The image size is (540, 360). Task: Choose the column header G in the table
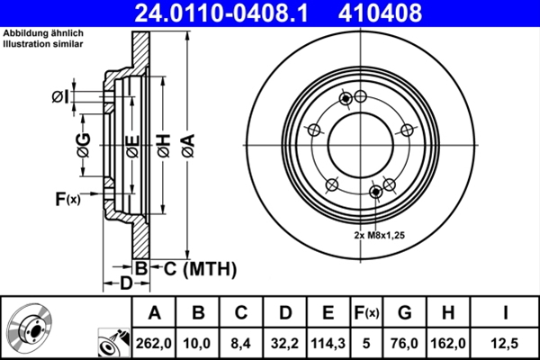[x=405, y=312]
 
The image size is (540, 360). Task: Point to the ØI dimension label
[x=59, y=95]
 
